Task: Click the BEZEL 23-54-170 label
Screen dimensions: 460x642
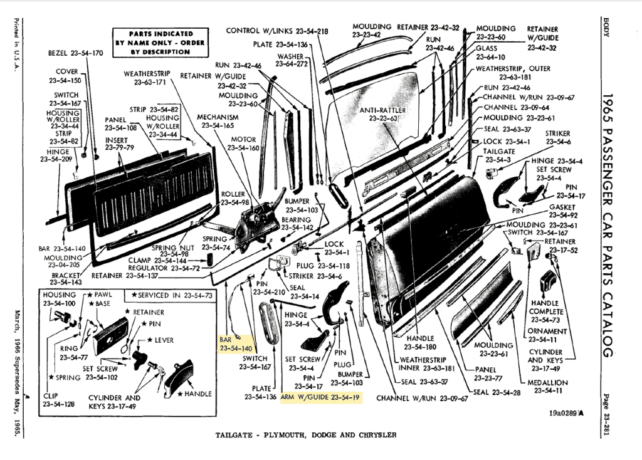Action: pos(75,53)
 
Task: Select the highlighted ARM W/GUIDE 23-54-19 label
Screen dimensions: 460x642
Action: pos(320,397)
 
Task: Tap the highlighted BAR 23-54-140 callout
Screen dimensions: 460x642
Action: pos(235,343)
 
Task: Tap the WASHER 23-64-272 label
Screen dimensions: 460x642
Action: pos(292,60)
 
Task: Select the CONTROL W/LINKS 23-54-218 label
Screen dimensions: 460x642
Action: pos(276,31)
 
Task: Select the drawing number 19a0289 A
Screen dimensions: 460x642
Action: pos(566,413)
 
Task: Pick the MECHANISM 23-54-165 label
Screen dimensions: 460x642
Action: pos(218,122)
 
